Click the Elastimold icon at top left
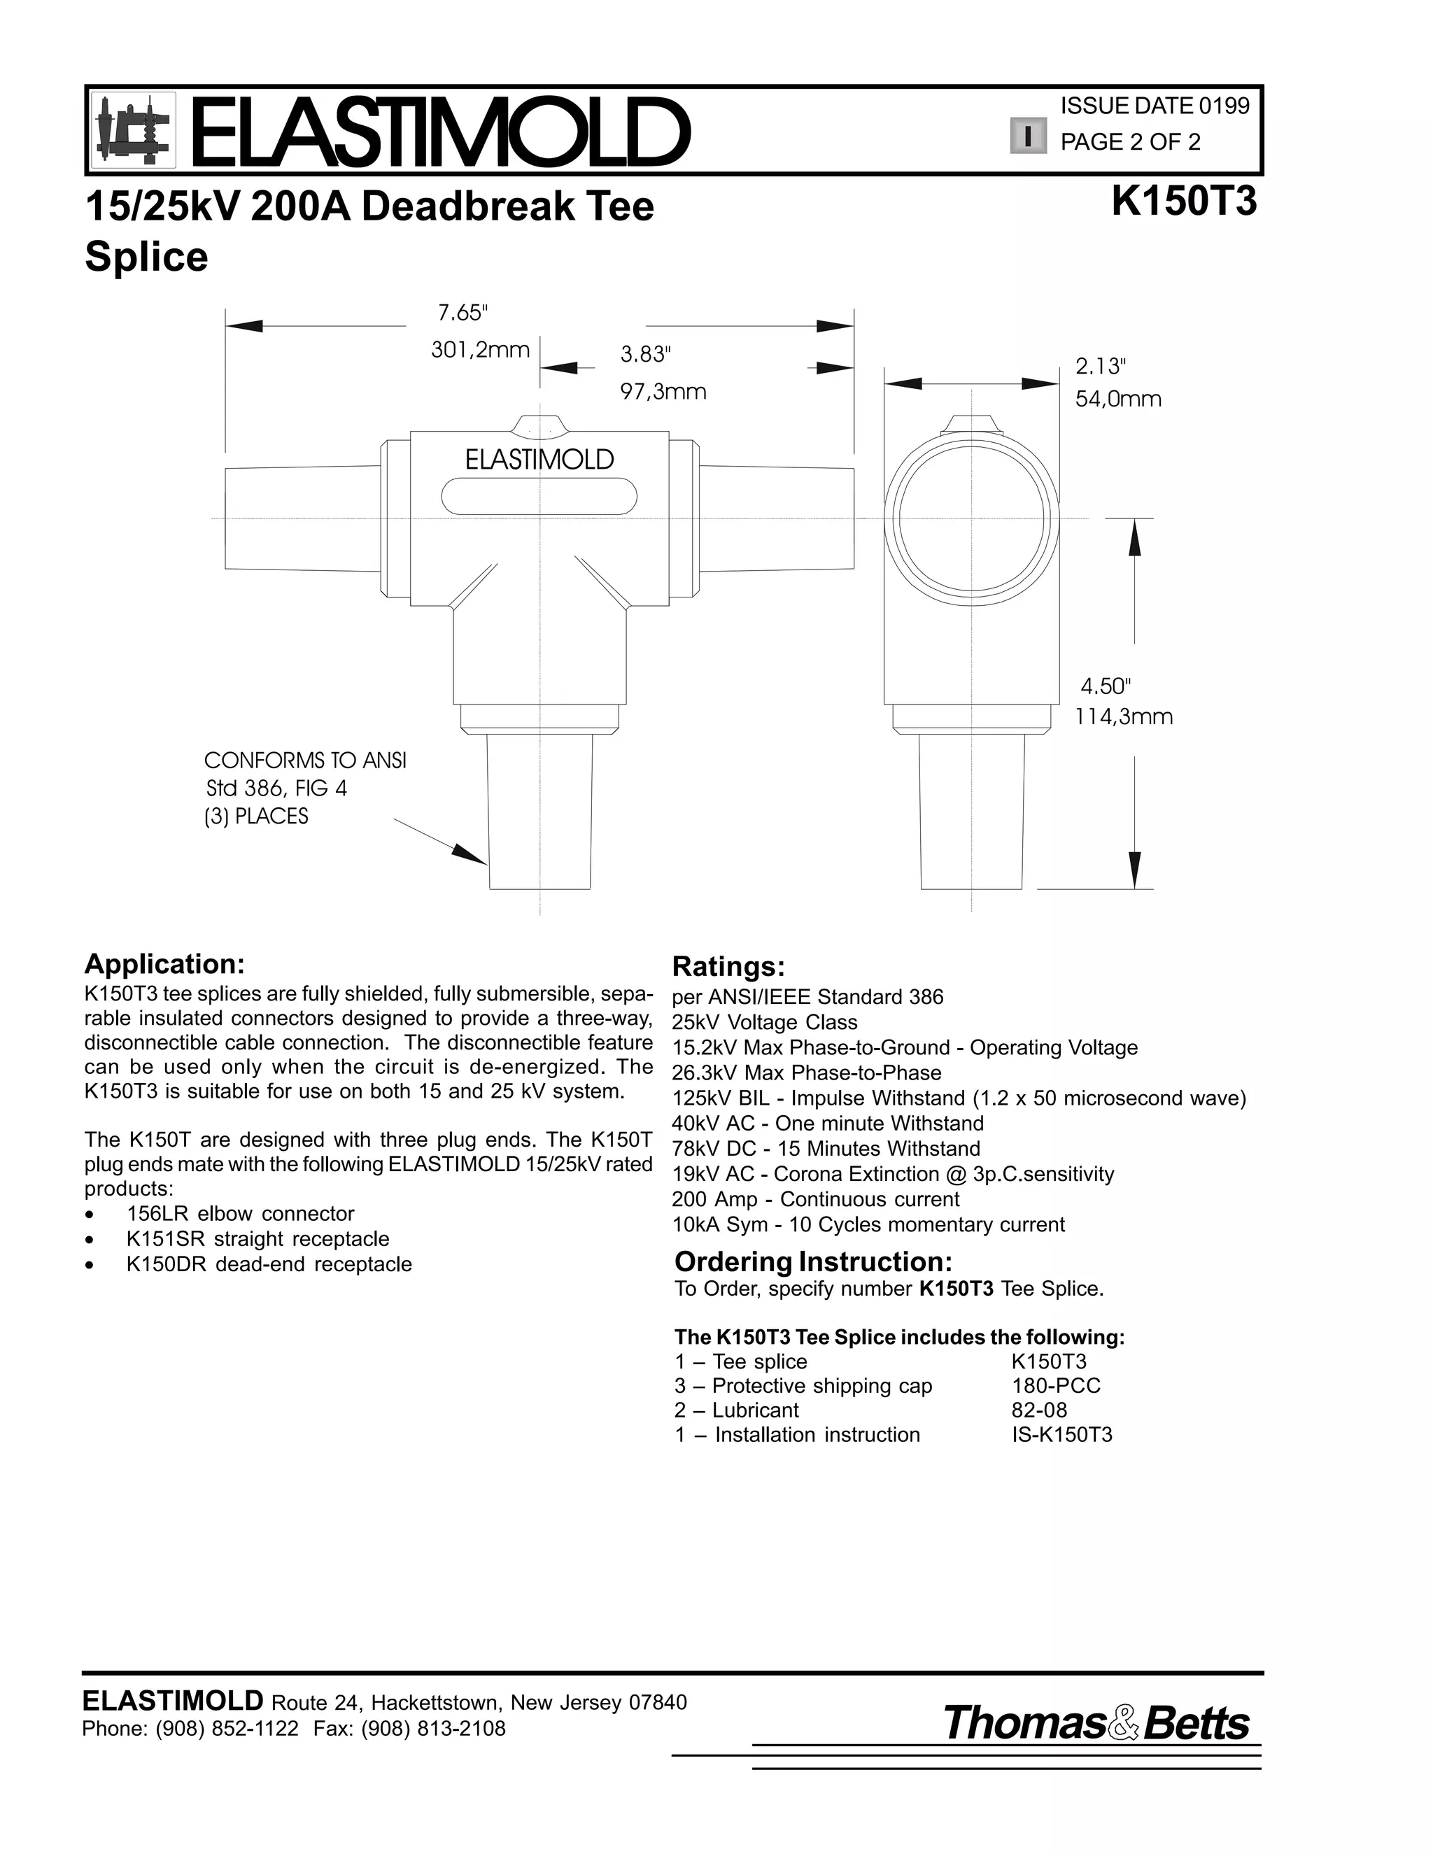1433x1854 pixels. (x=133, y=130)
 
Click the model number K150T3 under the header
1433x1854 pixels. (x=1183, y=202)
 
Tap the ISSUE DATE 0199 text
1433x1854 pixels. (x=1155, y=106)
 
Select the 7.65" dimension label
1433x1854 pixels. (x=463, y=313)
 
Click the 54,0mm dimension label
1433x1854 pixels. (x=1118, y=399)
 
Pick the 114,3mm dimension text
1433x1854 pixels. (x=1123, y=716)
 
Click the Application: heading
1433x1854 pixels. (x=164, y=963)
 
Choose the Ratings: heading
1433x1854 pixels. (x=728, y=966)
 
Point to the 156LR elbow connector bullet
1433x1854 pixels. (x=240, y=1213)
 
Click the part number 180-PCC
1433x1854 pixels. (x=1055, y=1385)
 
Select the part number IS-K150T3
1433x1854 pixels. (x=1061, y=1435)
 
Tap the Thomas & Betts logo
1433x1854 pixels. (x=1096, y=1722)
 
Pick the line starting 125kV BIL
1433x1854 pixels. (x=959, y=1098)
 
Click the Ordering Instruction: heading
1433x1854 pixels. (x=813, y=1261)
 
